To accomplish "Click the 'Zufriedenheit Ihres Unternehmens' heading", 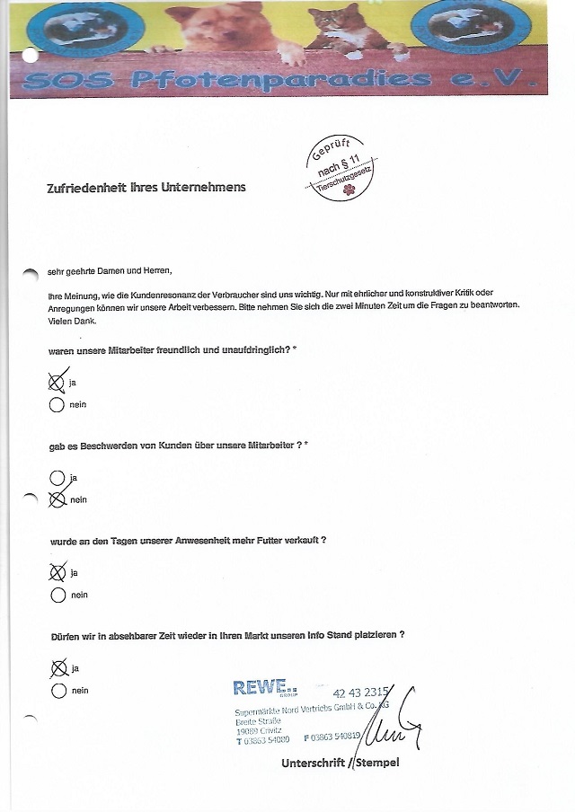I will tap(146, 188).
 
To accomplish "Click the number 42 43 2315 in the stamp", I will tap(360, 693).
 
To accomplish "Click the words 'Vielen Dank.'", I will tap(72, 322).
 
